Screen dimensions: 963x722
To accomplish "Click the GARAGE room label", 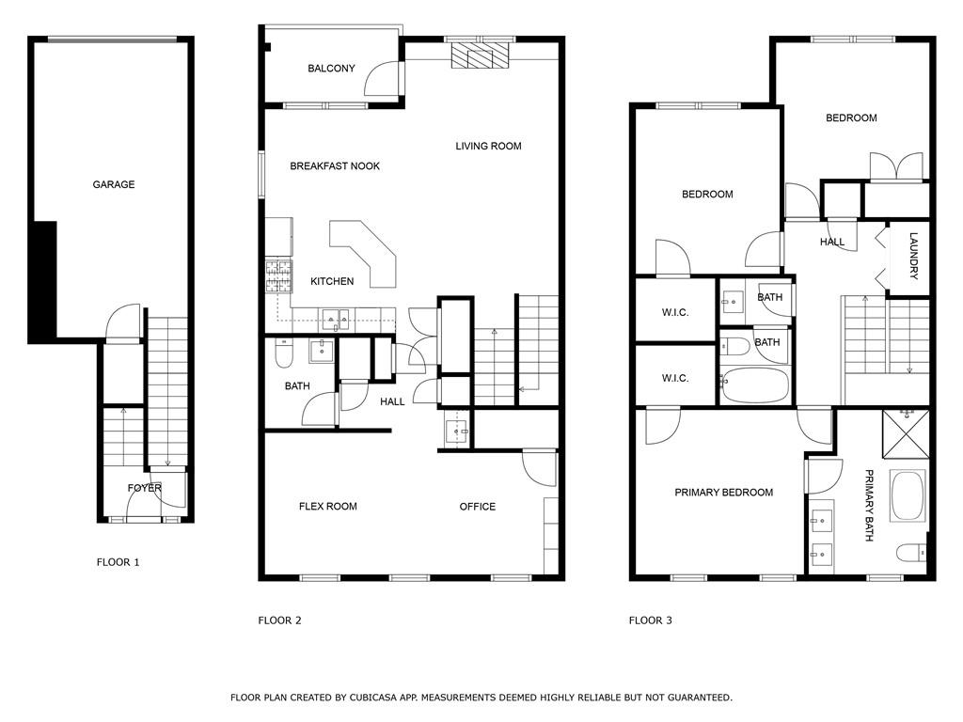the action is point(114,184).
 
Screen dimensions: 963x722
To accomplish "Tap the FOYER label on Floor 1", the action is point(144,488).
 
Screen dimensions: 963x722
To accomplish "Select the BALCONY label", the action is point(331,68).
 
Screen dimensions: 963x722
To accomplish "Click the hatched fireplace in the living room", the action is point(481,55).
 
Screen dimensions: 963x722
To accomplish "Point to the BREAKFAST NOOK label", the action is point(335,165).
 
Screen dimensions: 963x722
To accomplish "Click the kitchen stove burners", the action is point(278,275).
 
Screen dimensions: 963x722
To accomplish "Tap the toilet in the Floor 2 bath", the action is point(284,353).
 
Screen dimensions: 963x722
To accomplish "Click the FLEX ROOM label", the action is point(328,507).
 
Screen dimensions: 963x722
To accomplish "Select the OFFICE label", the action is point(478,507).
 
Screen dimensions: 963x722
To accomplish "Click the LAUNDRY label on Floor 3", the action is point(913,256).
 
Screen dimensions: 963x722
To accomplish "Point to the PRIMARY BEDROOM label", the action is point(723,493).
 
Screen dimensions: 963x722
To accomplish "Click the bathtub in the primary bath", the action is point(908,496).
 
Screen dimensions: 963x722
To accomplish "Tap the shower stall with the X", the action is point(906,434).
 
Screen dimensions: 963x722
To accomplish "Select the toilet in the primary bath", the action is point(912,553).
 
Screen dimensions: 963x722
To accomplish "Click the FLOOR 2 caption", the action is point(280,620).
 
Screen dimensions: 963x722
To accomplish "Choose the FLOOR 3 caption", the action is point(651,620).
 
